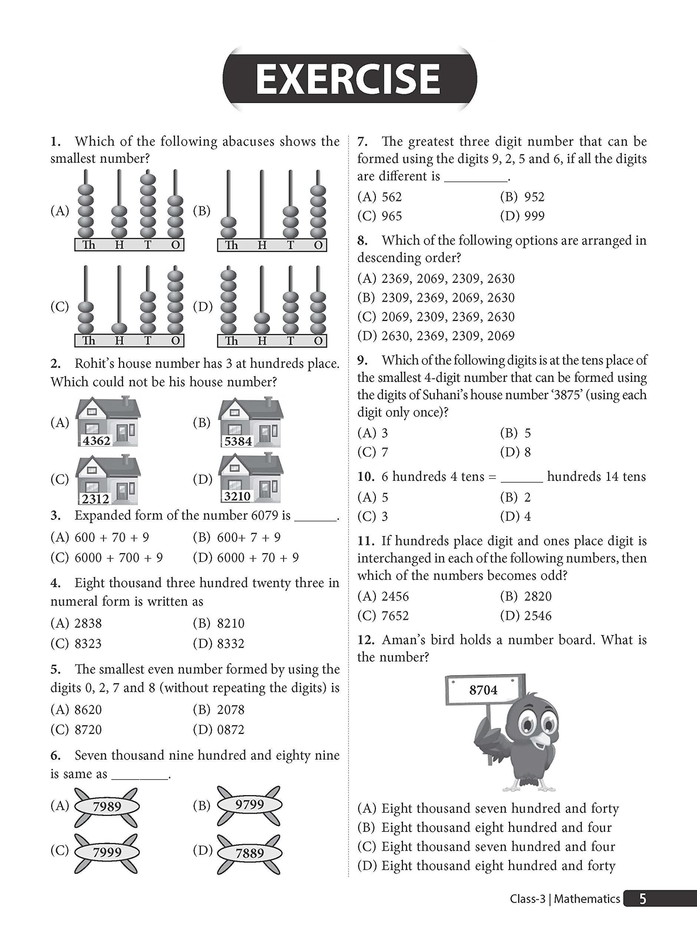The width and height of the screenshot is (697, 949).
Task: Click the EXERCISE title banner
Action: tap(349, 79)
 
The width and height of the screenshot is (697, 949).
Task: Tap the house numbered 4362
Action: tap(108, 421)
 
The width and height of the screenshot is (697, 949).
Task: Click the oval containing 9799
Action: tap(250, 805)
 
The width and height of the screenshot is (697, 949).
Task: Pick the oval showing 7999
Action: tap(107, 852)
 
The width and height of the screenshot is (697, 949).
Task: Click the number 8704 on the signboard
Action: tap(483, 690)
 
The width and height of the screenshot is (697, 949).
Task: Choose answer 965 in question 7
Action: tap(392, 216)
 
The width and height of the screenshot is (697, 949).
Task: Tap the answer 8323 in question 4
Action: tap(88, 644)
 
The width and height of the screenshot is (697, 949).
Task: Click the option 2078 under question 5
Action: tap(230, 710)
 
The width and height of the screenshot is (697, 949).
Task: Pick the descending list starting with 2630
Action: tap(447, 336)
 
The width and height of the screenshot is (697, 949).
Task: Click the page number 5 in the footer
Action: tap(643, 899)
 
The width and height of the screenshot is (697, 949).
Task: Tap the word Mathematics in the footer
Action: tap(587, 899)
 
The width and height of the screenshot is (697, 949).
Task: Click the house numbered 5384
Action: tap(251, 422)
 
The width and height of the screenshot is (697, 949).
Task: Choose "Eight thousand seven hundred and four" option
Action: tap(498, 847)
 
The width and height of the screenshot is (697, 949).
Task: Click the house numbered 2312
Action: tap(108, 480)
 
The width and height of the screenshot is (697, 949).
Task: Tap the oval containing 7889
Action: tap(250, 853)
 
